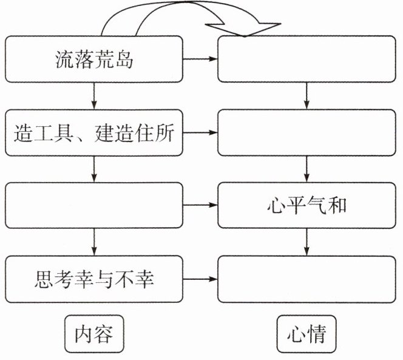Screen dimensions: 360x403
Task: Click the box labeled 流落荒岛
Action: point(93,59)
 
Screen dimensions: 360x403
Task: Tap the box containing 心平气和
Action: point(306,206)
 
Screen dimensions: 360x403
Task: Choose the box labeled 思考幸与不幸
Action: point(93,279)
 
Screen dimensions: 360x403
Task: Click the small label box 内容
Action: point(93,335)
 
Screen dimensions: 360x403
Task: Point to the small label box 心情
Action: point(306,335)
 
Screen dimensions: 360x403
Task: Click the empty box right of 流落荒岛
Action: point(306,59)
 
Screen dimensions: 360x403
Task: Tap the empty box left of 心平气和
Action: point(93,206)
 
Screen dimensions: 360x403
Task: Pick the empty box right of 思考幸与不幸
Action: point(306,279)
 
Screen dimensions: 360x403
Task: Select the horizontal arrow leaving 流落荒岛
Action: point(200,59)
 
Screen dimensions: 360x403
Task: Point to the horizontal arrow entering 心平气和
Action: point(200,206)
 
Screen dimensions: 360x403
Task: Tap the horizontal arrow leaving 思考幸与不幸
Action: point(200,279)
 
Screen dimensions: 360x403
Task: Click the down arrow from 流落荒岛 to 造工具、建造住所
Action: point(93,96)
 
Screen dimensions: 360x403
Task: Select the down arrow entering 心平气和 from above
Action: point(306,169)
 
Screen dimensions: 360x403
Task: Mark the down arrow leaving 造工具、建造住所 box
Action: point(93,169)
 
